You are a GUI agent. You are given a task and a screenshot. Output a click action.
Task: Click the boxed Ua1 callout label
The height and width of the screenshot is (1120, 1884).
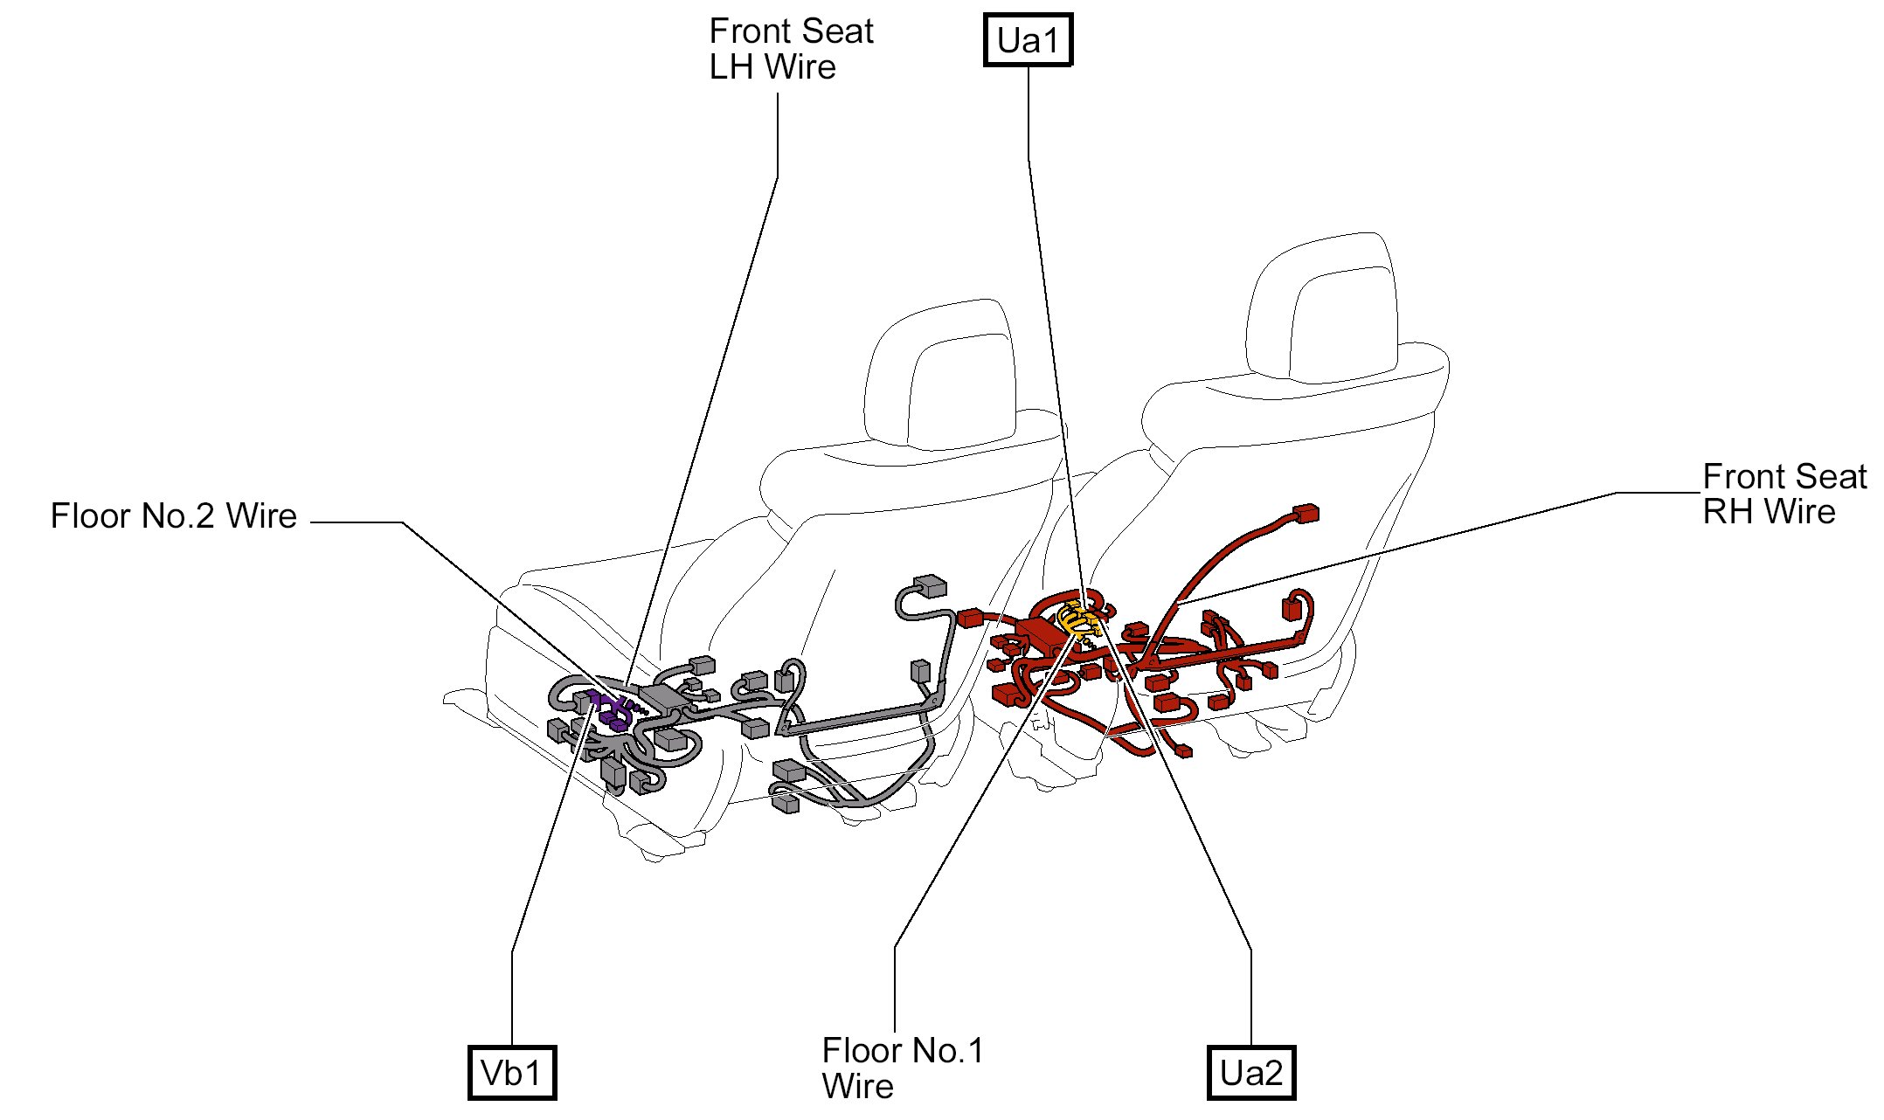click(x=1028, y=41)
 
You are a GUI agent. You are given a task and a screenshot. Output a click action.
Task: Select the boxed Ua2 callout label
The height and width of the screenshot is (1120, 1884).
click(x=1250, y=1073)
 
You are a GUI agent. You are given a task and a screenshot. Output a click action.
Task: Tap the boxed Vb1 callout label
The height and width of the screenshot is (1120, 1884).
click(x=511, y=1073)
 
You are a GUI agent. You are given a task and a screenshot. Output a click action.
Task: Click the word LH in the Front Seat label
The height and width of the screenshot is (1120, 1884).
click(x=733, y=67)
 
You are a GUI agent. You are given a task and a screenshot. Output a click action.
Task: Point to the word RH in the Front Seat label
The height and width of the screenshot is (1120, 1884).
click(x=1728, y=512)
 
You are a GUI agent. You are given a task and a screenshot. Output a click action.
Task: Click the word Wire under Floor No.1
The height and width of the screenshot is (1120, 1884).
click(x=857, y=1087)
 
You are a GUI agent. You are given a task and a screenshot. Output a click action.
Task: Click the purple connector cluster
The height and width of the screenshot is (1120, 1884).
click(x=609, y=709)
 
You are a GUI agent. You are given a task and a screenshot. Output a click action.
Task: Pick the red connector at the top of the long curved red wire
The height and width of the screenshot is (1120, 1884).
click(x=1306, y=513)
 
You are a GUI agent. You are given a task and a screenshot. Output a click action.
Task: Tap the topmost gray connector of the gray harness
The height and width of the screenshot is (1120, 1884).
click(x=928, y=584)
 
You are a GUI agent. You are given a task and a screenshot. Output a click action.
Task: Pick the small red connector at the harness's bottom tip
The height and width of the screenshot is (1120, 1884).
click(x=1184, y=750)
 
